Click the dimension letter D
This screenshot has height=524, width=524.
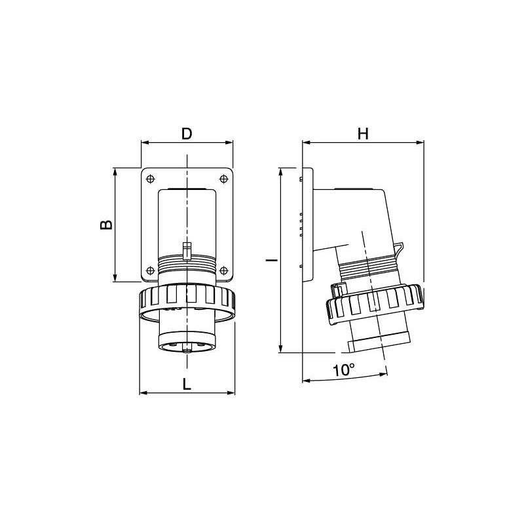click(187, 134)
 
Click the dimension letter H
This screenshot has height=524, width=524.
click(363, 134)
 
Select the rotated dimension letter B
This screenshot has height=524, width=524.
click(106, 225)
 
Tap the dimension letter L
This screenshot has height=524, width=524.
click(187, 384)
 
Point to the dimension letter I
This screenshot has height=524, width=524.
click(272, 259)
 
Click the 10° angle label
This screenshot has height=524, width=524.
click(344, 370)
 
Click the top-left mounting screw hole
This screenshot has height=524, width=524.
click(151, 179)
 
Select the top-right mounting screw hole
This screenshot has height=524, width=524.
click(223, 179)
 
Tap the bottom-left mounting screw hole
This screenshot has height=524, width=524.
click(151, 270)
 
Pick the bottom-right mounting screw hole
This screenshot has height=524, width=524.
click(223, 270)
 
